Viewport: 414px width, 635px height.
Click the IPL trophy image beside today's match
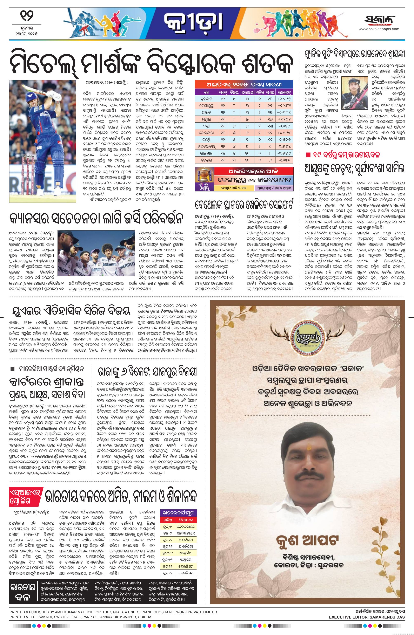201,175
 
